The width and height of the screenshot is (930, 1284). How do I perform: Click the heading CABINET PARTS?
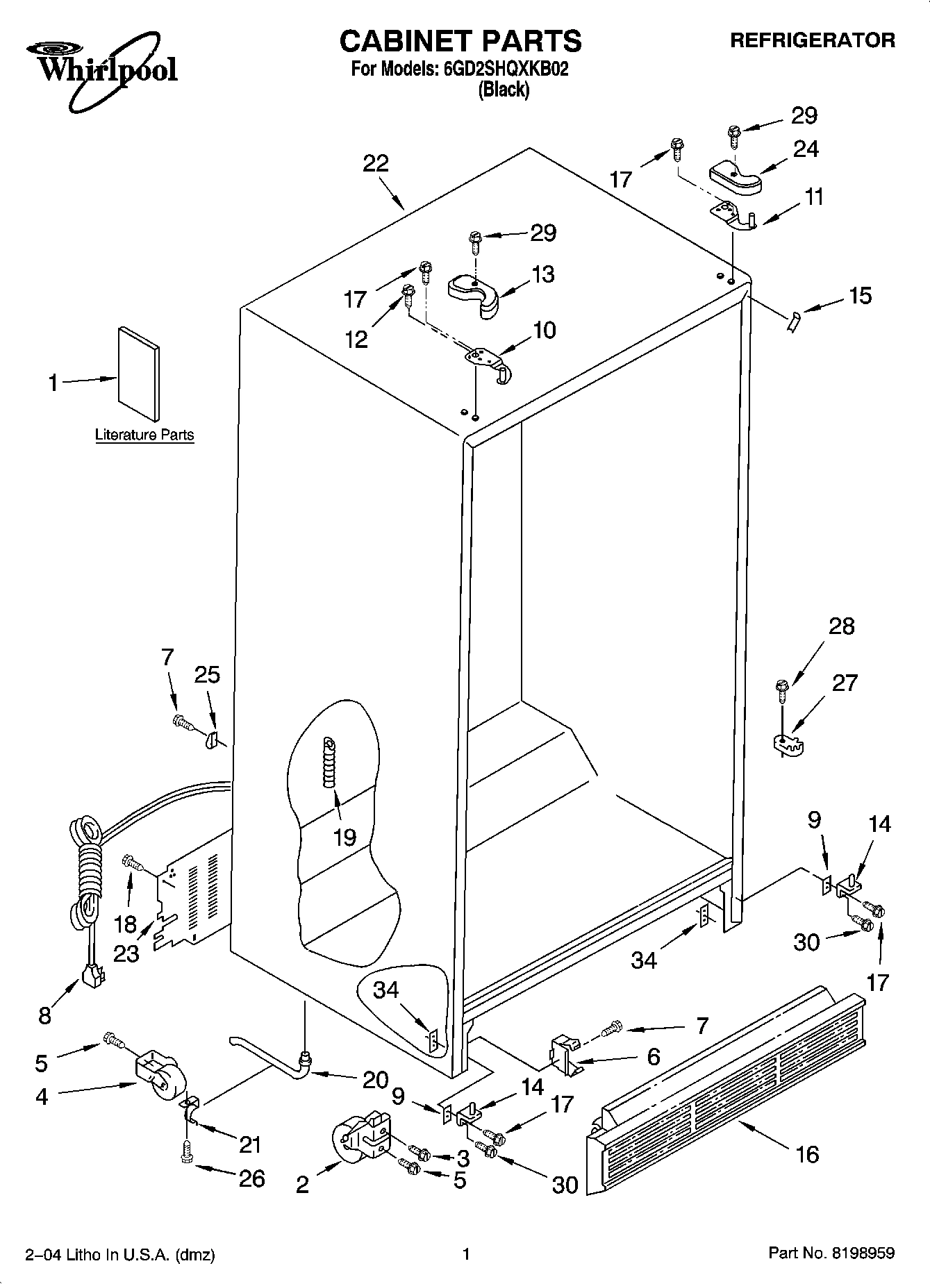pos(460,41)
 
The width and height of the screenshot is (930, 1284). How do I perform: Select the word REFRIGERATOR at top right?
pos(812,40)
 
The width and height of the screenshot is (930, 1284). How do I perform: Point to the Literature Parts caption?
pos(144,435)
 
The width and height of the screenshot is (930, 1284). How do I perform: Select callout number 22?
pos(376,164)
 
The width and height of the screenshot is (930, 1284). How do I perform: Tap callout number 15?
pos(860,296)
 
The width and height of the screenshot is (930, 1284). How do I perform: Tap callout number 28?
pos(842,626)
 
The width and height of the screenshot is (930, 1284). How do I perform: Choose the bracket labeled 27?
pos(788,744)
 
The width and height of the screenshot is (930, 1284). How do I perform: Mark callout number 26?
pos(251,1178)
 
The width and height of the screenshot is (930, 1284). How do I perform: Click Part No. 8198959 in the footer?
pos(831,1253)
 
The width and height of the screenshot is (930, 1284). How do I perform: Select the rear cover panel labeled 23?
pos(188,903)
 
